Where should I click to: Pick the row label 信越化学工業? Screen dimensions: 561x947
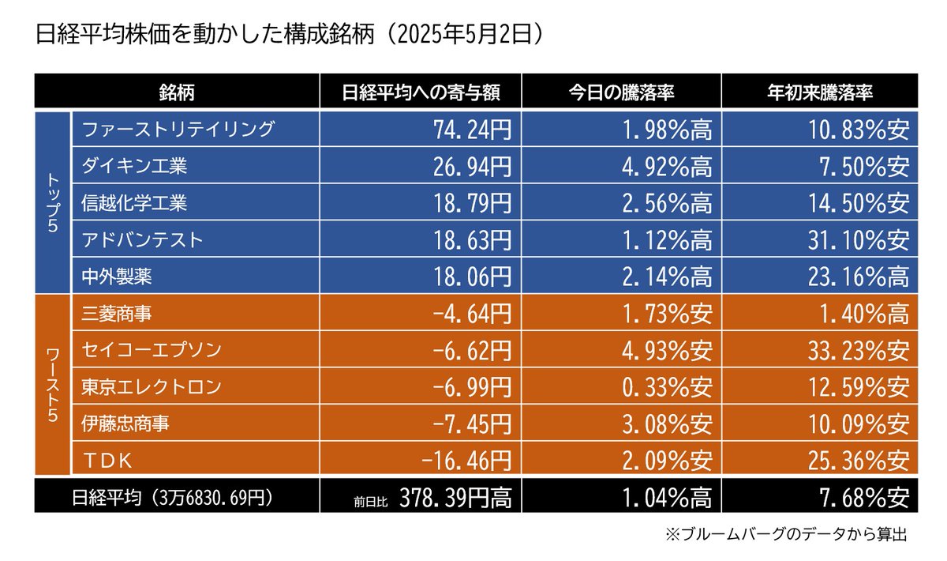tap(134, 203)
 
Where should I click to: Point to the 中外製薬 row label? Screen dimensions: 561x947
tap(117, 277)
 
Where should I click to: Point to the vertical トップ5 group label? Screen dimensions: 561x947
tap(52, 201)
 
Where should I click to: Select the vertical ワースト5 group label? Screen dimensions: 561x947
tap(52, 385)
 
